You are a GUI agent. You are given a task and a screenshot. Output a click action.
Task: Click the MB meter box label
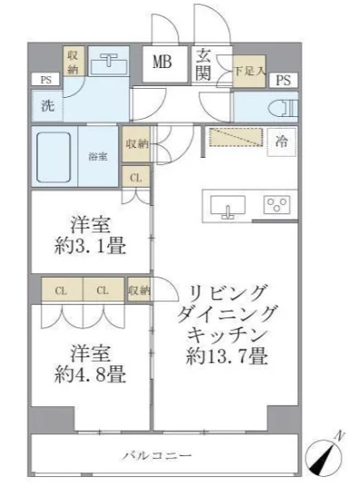coord(162,63)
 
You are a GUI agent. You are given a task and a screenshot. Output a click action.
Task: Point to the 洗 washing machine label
coord(47,105)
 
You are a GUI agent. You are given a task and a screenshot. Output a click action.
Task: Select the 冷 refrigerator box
coord(282,143)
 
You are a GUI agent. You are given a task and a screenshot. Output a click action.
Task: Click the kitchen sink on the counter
coord(229,207)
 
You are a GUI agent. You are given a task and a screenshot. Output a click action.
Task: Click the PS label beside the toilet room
coord(284,80)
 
